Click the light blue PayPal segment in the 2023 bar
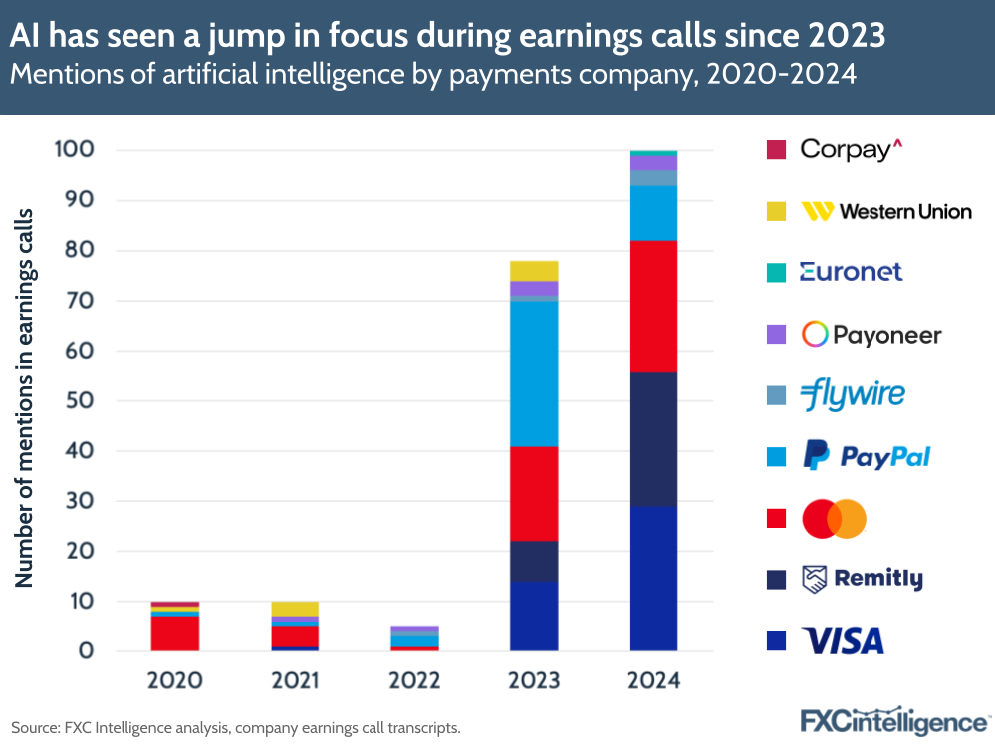(x=534, y=373)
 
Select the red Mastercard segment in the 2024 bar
(x=653, y=306)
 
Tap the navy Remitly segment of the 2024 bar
(x=653, y=438)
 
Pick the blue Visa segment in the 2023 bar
(x=534, y=616)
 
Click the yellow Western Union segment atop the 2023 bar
(x=534, y=271)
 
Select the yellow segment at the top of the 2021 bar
(x=295, y=609)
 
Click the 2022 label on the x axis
(x=414, y=681)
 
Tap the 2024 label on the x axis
(x=653, y=681)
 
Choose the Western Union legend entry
(x=886, y=211)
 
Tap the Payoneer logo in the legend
(x=871, y=334)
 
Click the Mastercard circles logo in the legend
(x=835, y=518)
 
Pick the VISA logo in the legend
(x=843, y=640)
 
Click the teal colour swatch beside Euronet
(x=777, y=272)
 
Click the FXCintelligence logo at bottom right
(x=894, y=720)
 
